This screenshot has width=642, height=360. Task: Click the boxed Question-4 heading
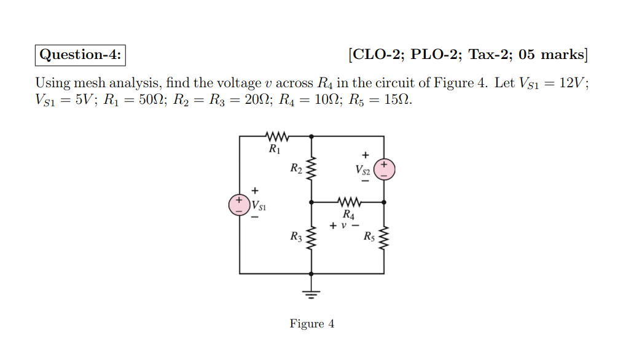pyautogui.click(x=80, y=55)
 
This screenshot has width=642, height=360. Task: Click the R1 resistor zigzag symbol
pyautogui.click(x=275, y=136)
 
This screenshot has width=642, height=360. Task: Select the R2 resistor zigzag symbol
pyautogui.click(x=311, y=168)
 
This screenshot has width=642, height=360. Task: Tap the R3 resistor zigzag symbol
pyautogui.click(x=311, y=238)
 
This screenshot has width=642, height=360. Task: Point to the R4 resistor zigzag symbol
pyautogui.click(x=348, y=202)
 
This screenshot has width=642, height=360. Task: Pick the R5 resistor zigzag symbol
pyautogui.click(x=385, y=238)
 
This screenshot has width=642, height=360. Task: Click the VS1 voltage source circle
pyautogui.click(x=238, y=205)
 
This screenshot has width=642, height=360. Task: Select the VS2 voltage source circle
pyautogui.click(x=385, y=168)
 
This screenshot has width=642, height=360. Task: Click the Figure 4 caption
pyautogui.click(x=312, y=324)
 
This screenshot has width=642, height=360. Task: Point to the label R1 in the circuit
pyautogui.click(x=274, y=149)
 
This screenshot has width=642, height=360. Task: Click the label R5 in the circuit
pyautogui.click(x=369, y=237)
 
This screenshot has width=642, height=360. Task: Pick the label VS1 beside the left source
pyautogui.click(x=259, y=205)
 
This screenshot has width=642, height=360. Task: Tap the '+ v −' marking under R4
pyautogui.click(x=345, y=226)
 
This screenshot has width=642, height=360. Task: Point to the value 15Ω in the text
pyautogui.click(x=397, y=100)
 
